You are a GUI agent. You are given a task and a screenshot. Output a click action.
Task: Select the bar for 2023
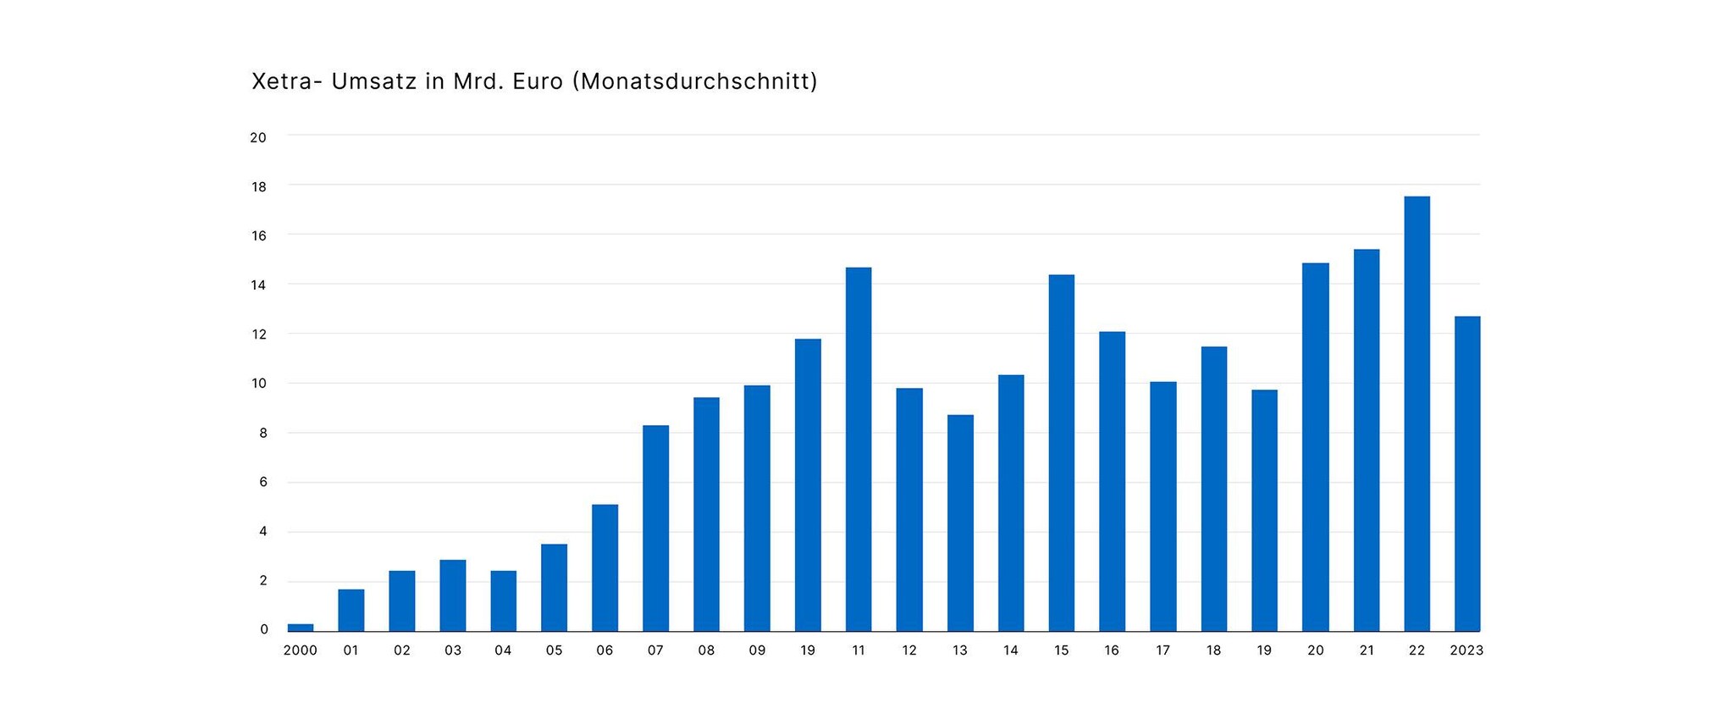coord(1467,473)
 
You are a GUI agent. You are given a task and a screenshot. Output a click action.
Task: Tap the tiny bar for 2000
coord(301,628)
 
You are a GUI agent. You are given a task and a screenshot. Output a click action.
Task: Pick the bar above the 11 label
coord(859,449)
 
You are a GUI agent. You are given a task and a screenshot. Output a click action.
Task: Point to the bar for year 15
coord(1061,452)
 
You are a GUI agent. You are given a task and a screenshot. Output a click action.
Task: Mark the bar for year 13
coord(960,523)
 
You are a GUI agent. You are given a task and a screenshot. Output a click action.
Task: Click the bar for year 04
coord(503,600)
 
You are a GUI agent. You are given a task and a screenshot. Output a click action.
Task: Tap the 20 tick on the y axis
coord(258,137)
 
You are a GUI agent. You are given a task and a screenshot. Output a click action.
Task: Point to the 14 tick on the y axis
coord(258,285)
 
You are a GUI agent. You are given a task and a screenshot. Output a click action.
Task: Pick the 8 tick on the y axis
coord(263,433)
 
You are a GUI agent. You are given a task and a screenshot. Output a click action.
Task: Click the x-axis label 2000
coord(300,650)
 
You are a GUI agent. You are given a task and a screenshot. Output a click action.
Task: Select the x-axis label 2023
coord(1466,650)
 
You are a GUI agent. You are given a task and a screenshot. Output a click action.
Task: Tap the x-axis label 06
coord(605,650)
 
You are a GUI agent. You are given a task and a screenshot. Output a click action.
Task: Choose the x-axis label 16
coord(1112,650)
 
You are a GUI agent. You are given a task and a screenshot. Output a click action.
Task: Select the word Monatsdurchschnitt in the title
coord(695,81)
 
